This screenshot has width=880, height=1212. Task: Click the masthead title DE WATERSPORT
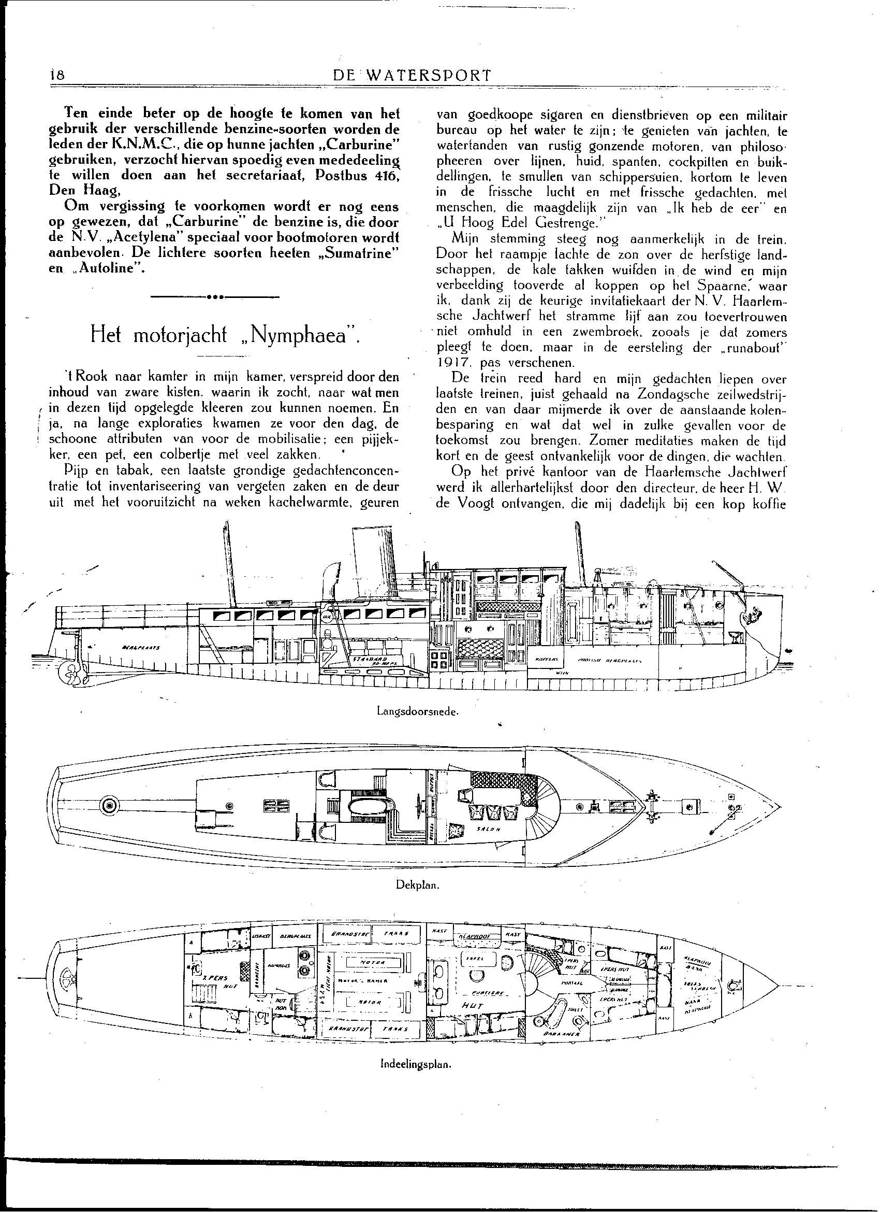click(x=411, y=75)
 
